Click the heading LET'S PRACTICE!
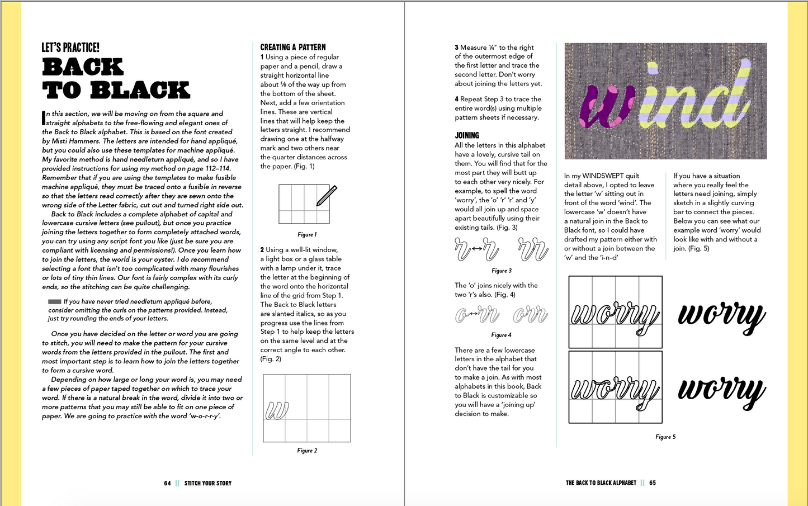pyautogui.click(x=70, y=48)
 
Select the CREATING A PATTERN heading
pyautogui.click(x=292, y=48)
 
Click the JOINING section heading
pyautogui.click(x=467, y=135)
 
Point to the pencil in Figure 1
pyautogui.click(x=327, y=196)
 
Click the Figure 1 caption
pyautogui.click(x=307, y=235)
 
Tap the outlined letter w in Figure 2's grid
pyautogui.click(x=277, y=411)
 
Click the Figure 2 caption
pyautogui.click(x=307, y=451)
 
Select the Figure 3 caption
pyautogui.click(x=501, y=271)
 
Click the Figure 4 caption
pyautogui.click(x=501, y=335)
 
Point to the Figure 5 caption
pyautogui.click(x=665, y=437)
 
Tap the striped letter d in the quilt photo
pyautogui.click(x=727, y=101)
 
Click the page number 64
pyautogui.click(x=167, y=483)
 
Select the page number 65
pyautogui.click(x=653, y=483)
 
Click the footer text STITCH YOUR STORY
pyautogui.click(x=208, y=483)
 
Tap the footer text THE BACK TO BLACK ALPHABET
pyautogui.click(x=601, y=483)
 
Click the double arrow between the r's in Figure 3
pyautogui.click(x=477, y=248)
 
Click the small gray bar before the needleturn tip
pyautogui.click(x=54, y=301)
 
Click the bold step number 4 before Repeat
pyautogui.click(x=456, y=100)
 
